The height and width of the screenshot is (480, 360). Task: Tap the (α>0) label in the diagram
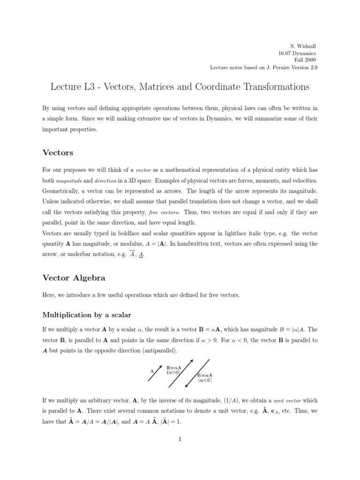coord(173,372)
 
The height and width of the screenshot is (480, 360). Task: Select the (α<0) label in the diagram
coord(204,381)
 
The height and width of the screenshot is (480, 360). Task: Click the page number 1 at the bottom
coord(180,439)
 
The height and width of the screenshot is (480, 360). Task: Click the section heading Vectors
coord(58,152)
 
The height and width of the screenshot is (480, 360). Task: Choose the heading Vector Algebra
coord(74,278)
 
